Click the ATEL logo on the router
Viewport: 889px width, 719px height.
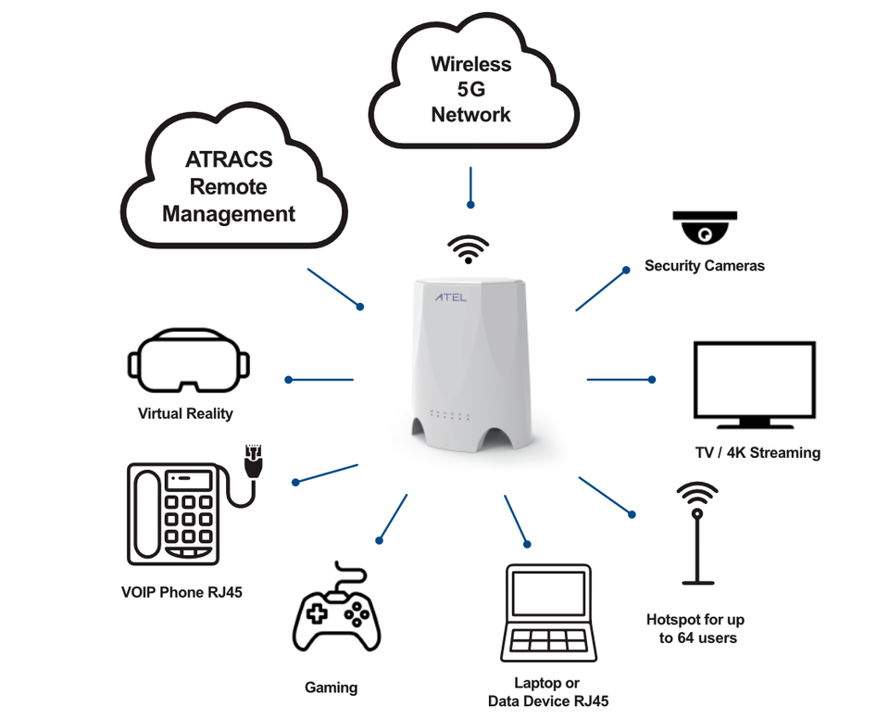point(451,298)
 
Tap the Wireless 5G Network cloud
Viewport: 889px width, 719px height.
point(470,91)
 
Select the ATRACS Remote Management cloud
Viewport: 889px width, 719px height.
point(228,187)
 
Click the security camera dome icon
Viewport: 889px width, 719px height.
point(705,227)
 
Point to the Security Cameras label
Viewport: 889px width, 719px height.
point(705,266)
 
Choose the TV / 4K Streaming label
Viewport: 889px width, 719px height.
point(758,453)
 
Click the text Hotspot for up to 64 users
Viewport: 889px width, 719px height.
point(695,628)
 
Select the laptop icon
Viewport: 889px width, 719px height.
point(548,612)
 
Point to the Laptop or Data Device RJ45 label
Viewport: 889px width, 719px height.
point(548,692)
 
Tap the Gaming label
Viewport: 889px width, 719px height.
point(331,687)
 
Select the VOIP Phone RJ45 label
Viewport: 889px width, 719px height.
point(182,591)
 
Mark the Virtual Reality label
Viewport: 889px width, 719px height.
point(185,413)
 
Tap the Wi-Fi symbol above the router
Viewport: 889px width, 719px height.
point(469,248)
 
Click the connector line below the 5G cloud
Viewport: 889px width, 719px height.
point(470,186)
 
